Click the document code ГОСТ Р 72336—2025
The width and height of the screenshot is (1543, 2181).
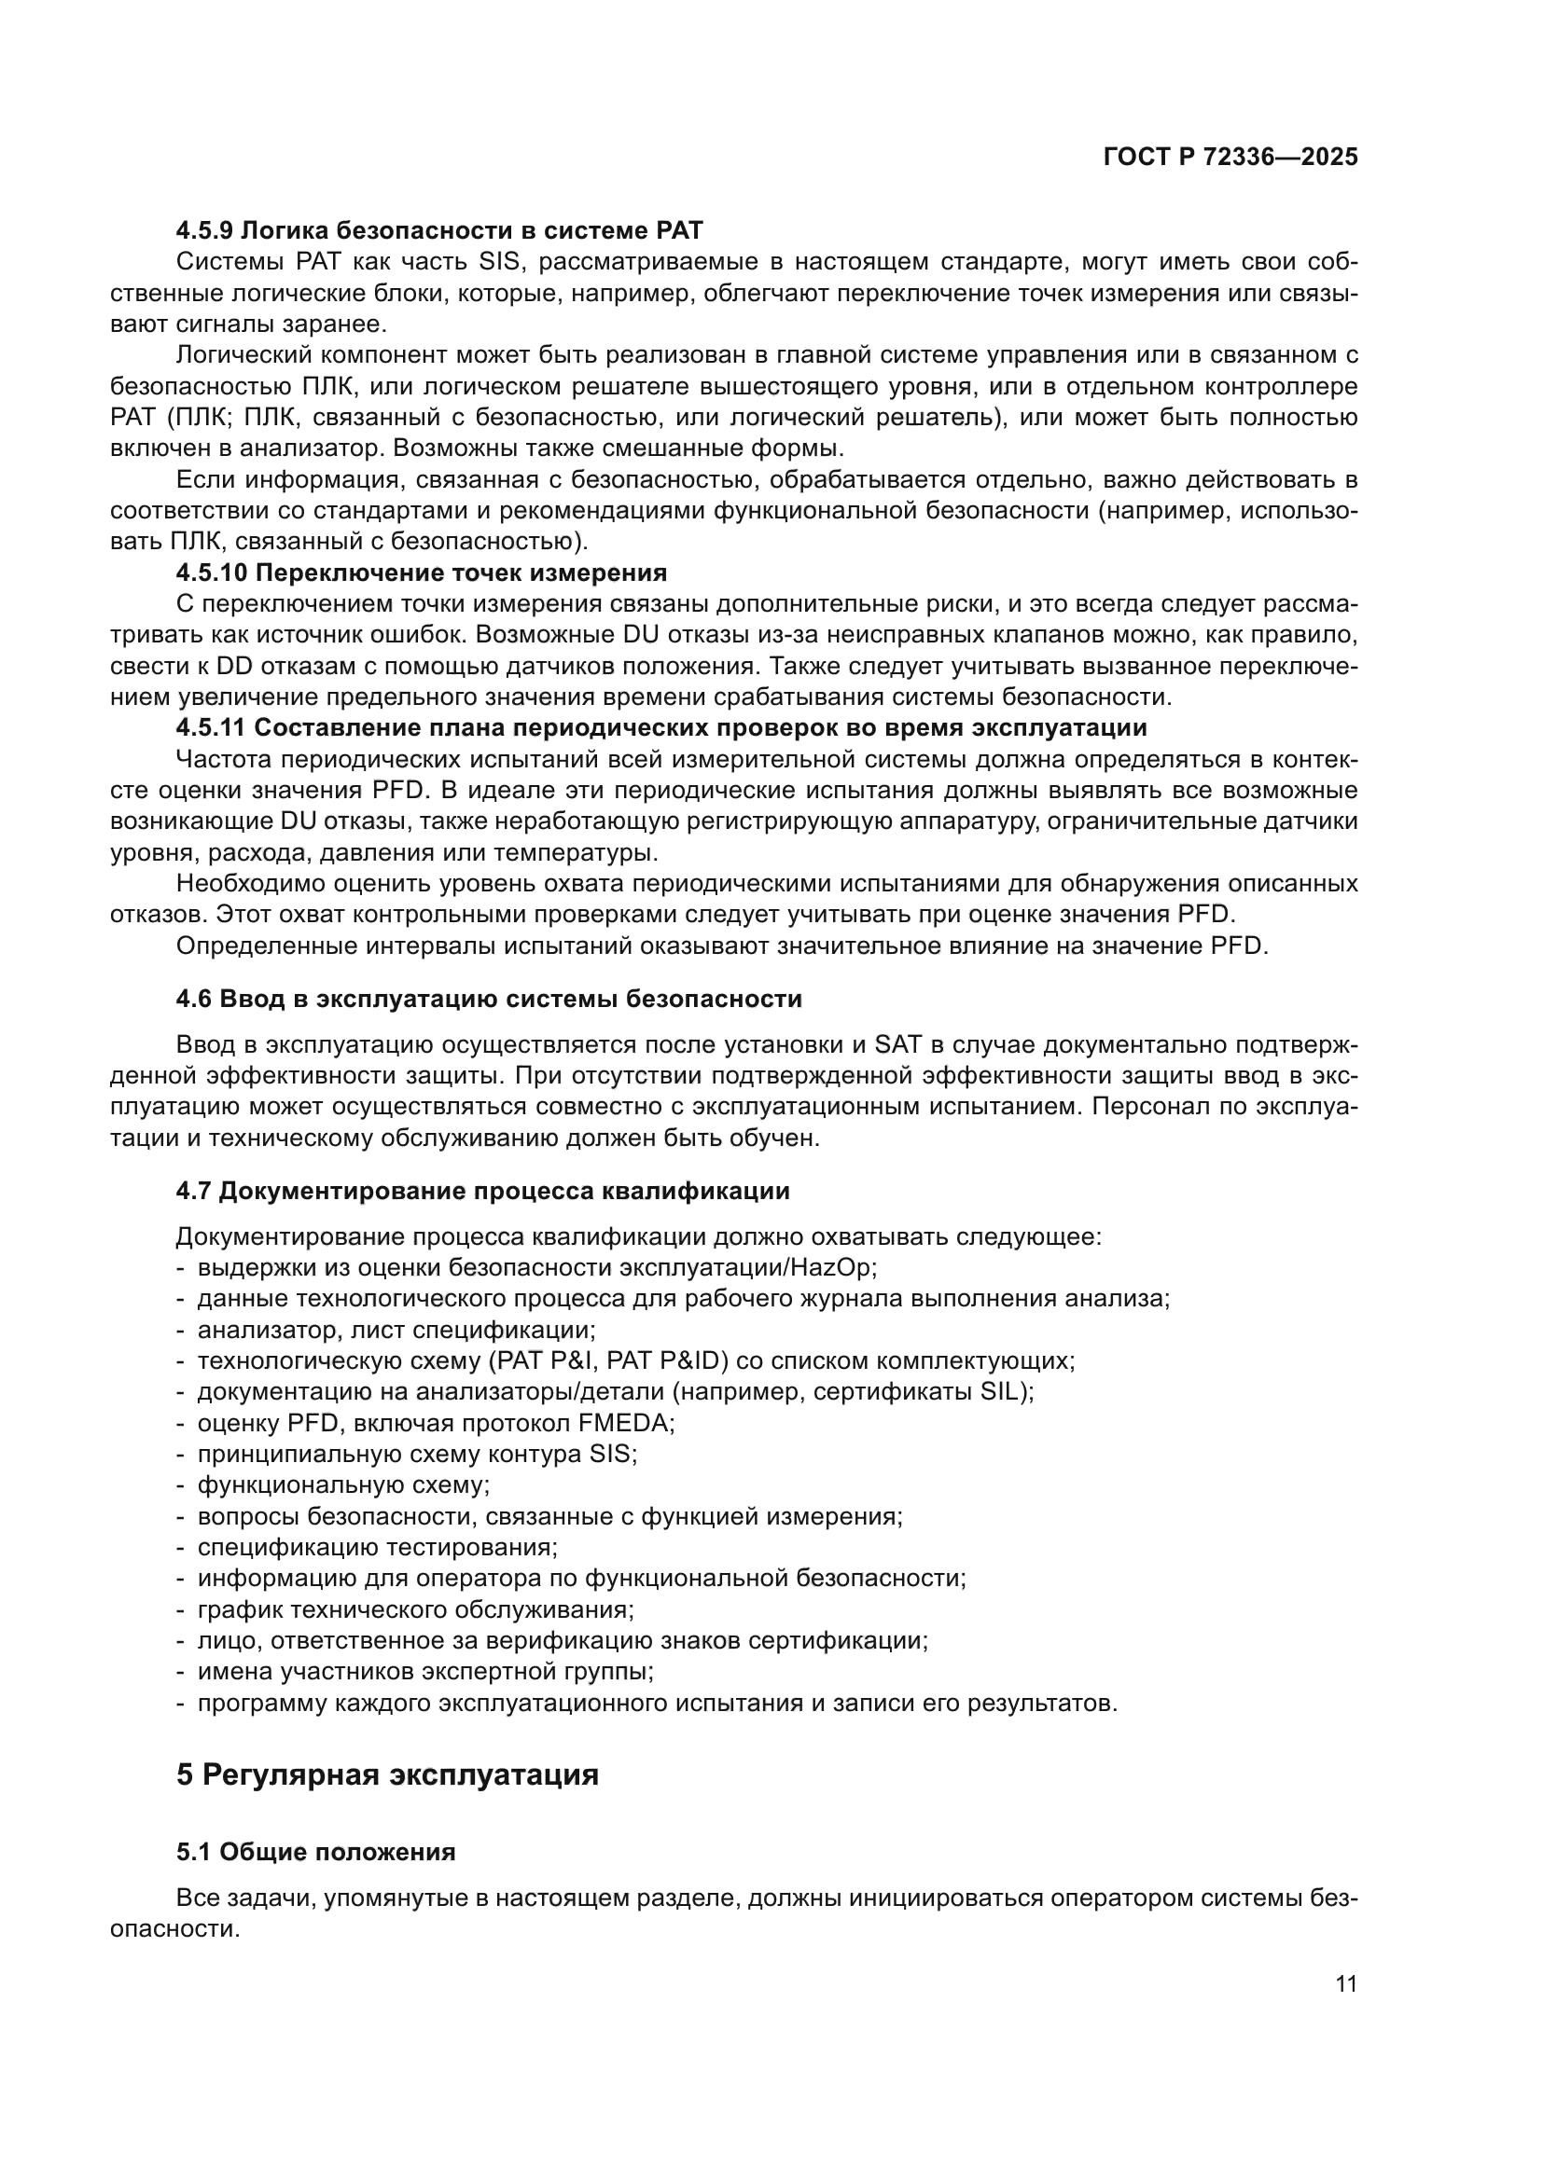point(1230,158)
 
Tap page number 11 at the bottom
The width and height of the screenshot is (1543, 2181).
point(1345,1984)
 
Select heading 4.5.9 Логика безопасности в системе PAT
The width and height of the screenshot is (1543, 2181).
point(439,230)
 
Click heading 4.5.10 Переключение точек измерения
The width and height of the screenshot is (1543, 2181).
point(421,573)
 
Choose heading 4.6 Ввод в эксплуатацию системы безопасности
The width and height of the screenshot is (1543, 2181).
point(488,999)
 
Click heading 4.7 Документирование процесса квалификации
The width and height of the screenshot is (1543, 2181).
point(482,1190)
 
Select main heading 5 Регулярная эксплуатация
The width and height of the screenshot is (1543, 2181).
point(388,1774)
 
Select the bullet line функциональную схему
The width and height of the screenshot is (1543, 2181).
point(343,1484)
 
